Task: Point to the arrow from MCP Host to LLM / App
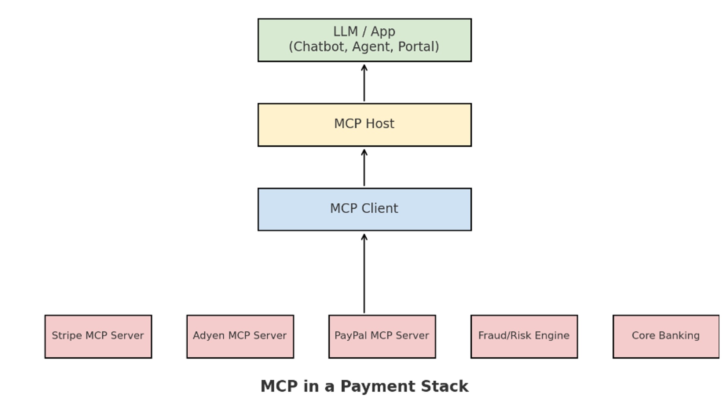pos(364,83)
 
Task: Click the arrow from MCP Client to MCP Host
pos(364,168)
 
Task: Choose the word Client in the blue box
pos(380,208)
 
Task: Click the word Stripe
pos(67,336)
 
